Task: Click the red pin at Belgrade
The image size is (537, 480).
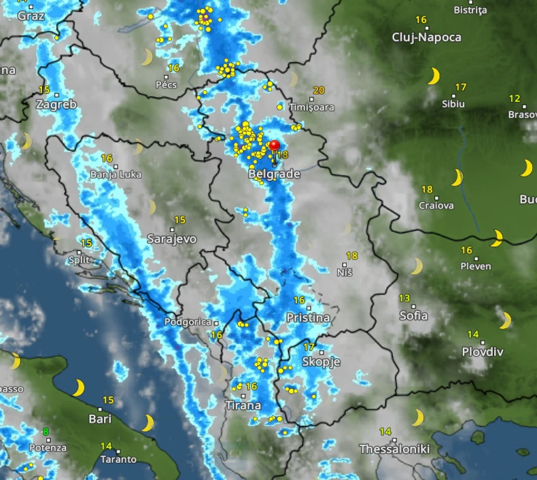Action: [x=275, y=145]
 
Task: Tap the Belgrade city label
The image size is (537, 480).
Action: [x=275, y=174]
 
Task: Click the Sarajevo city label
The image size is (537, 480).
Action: [x=172, y=239]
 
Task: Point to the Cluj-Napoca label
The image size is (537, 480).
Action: [x=427, y=37]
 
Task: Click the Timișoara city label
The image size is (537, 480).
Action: [x=311, y=107]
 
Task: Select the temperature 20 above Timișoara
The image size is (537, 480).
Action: [x=319, y=90]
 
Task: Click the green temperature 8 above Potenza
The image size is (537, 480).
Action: [x=46, y=431]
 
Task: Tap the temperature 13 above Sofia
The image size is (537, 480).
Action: [x=405, y=298]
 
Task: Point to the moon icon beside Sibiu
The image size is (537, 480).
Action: [x=433, y=75]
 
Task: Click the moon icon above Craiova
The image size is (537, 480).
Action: [x=457, y=177]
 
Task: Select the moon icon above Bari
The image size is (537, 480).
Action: [x=78, y=388]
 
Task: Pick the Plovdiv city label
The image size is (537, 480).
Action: [x=483, y=352]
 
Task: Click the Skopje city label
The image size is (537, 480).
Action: [x=321, y=362]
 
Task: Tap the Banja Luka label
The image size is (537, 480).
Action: [x=116, y=174]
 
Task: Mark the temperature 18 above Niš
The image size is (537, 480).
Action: [x=351, y=256]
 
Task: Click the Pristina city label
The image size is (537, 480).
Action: [x=308, y=318]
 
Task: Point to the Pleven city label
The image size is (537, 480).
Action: [x=475, y=266]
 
